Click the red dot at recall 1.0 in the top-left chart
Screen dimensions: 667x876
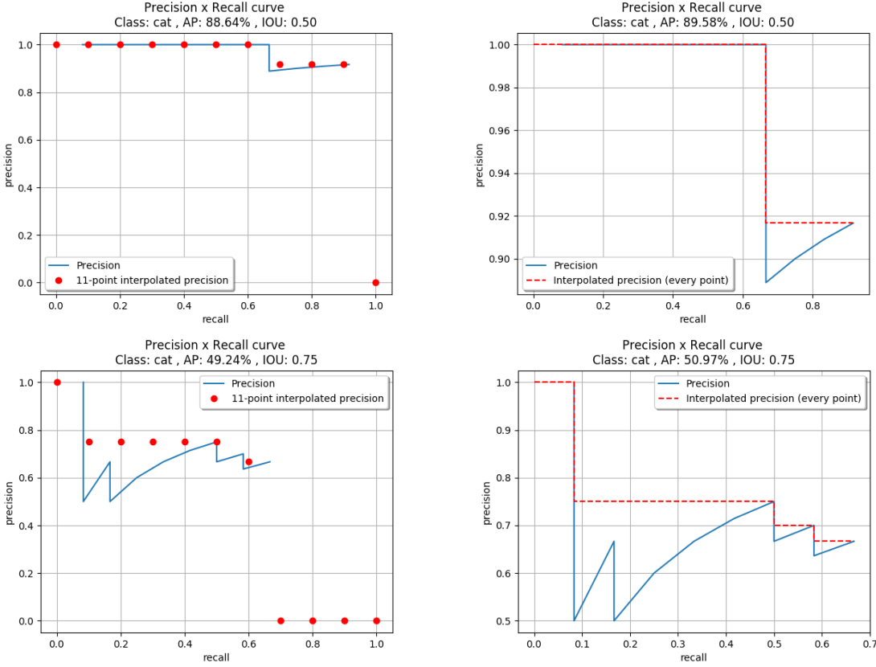tap(375, 282)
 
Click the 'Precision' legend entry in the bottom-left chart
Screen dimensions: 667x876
tap(253, 383)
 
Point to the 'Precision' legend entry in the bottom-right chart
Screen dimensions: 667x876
tap(707, 383)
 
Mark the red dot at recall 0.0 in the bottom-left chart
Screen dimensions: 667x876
tap(56, 383)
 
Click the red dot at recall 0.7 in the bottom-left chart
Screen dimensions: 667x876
tap(280, 620)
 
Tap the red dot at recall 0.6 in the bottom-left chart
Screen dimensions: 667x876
tap(248, 462)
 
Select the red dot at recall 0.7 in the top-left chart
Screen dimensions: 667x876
tap(280, 64)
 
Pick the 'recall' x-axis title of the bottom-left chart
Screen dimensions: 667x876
tap(216, 657)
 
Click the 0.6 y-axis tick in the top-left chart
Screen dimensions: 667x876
tap(27, 140)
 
